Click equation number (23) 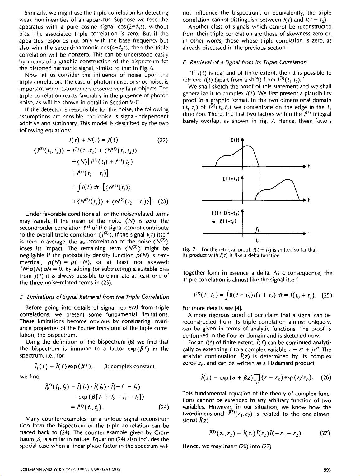(x=163, y=201)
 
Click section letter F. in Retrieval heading (x=185, y=62)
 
